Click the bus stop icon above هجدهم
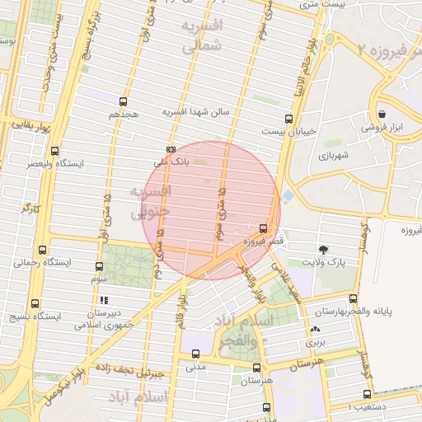[124, 102]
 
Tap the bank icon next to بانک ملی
[171, 149]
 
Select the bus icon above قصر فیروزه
[263, 228]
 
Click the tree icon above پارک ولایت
[322, 249]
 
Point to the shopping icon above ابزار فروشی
[382, 115]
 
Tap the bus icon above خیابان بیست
[288, 118]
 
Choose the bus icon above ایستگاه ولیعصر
[54, 151]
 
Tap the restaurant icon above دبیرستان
[104, 300]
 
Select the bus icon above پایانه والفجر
[354, 298]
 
